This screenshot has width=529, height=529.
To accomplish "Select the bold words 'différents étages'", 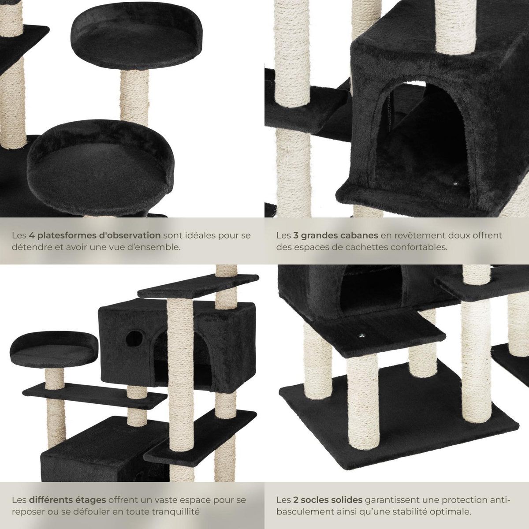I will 67,500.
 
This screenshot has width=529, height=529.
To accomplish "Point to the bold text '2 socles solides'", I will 328,500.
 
